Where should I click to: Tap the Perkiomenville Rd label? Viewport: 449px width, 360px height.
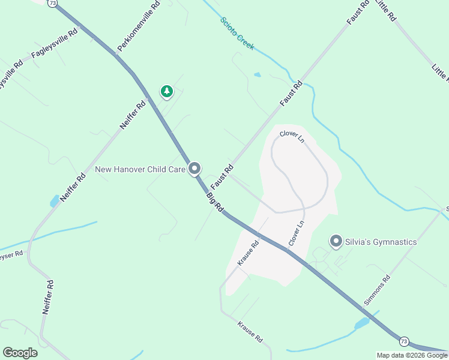(139, 26)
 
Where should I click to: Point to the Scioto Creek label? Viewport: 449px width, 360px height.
(237, 33)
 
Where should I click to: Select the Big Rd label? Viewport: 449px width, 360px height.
(215, 203)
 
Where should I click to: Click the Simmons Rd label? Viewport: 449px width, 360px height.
(378, 289)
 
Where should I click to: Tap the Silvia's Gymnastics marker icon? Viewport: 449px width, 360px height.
(336, 242)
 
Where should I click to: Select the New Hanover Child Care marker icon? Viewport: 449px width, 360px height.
(194, 170)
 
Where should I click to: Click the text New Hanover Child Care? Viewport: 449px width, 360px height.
(140, 170)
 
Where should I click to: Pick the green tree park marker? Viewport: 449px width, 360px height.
(166, 91)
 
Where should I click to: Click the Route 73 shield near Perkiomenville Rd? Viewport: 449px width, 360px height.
(53, 3)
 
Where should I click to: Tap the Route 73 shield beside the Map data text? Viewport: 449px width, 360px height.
(403, 341)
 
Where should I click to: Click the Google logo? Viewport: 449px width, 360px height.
(20, 352)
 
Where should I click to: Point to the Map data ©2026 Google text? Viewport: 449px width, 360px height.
(412, 355)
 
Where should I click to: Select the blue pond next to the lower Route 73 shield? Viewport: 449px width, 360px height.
(361, 324)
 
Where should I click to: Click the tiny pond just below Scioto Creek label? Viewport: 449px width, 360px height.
(258, 75)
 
